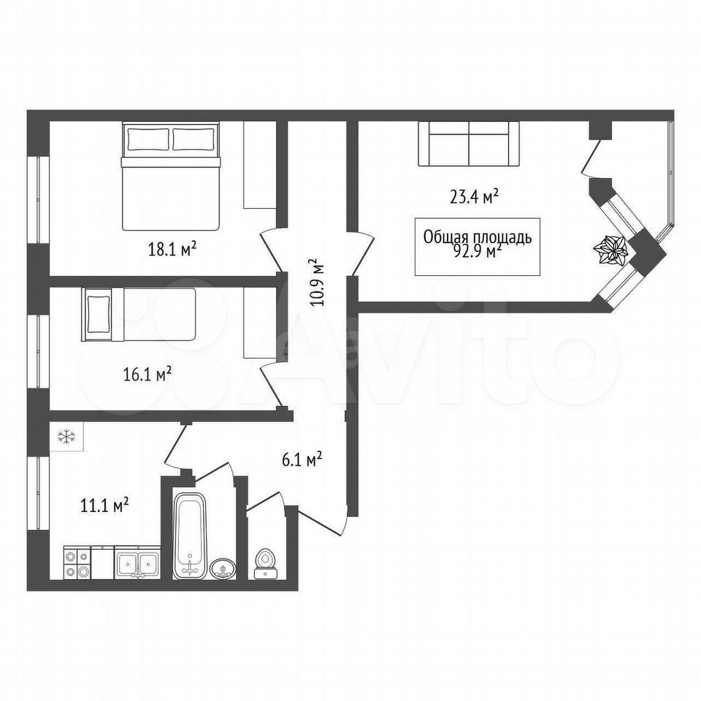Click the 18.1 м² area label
pyautogui.click(x=172, y=248)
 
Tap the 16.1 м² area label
pyautogui.click(x=148, y=374)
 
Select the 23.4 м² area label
pyautogui.click(x=474, y=196)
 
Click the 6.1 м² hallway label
pyautogui.click(x=302, y=459)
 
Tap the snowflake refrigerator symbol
pyautogui.click(x=66, y=437)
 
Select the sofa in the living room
pyautogui.click(x=469, y=144)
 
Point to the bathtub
pyautogui.click(x=190, y=535)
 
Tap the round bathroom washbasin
pyautogui.click(x=223, y=569)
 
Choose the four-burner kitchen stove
pyautogui.click(x=77, y=563)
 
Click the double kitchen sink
pyautogui.click(x=137, y=563)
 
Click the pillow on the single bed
pyautogui.click(x=99, y=315)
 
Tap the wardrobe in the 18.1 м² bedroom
pyautogui.click(x=259, y=164)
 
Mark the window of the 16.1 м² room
pyautogui.click(x=38, y=352)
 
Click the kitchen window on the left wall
pyautogui.click(x=38, y=493)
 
